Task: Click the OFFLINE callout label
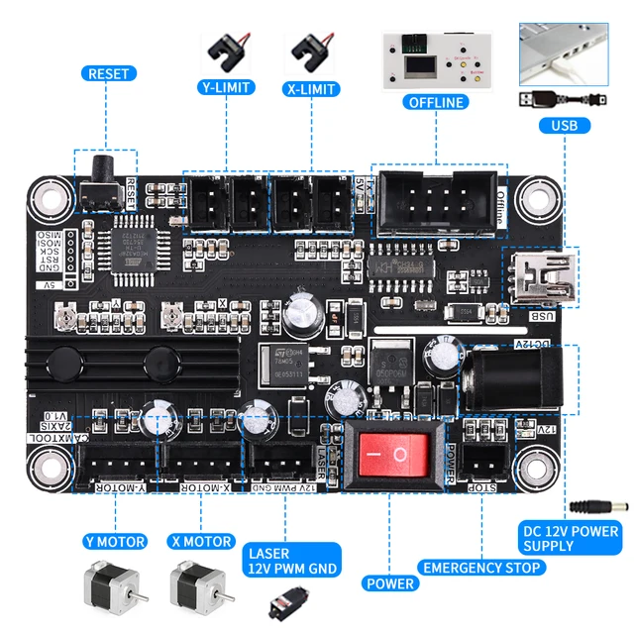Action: (x=436, y=102)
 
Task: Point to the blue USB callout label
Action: (x=565, y=126)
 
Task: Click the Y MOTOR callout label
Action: (x=115, y=542)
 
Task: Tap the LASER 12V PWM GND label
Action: (x=292, y=560)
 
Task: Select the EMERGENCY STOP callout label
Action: (x=481, y=568)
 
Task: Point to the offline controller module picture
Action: (x=436, y=60)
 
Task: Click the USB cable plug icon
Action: (x=562, y=99)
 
